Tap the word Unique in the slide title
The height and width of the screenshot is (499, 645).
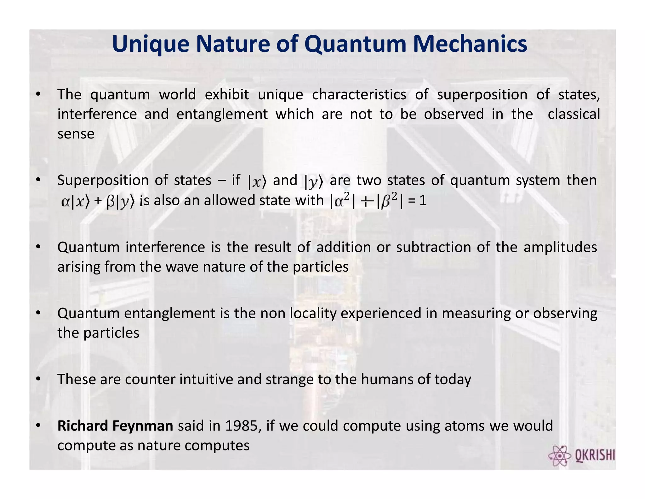[151, 44]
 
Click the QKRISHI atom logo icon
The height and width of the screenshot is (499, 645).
[559, 456]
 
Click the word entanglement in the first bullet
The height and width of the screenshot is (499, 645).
[222, 114]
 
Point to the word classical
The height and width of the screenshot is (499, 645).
[574, 114]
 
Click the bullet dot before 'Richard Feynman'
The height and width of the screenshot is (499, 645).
[38, 426]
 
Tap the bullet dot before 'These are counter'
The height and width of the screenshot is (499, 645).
[38, 379]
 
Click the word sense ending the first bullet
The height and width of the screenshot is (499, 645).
[76, 134]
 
